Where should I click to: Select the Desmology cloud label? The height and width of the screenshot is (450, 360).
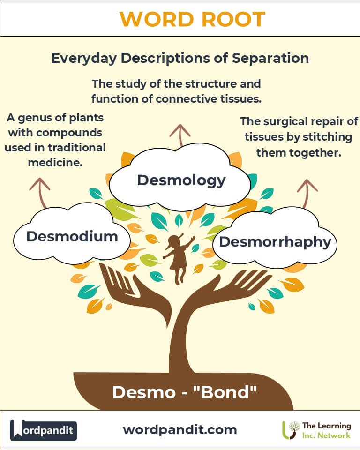point(181,180)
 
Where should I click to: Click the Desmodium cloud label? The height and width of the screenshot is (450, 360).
point(72,236)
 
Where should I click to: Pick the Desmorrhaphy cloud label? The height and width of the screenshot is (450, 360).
point(275,242)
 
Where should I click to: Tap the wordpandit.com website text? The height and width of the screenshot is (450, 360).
point(180,429)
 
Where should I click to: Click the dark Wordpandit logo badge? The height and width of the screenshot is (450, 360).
point(44,429)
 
